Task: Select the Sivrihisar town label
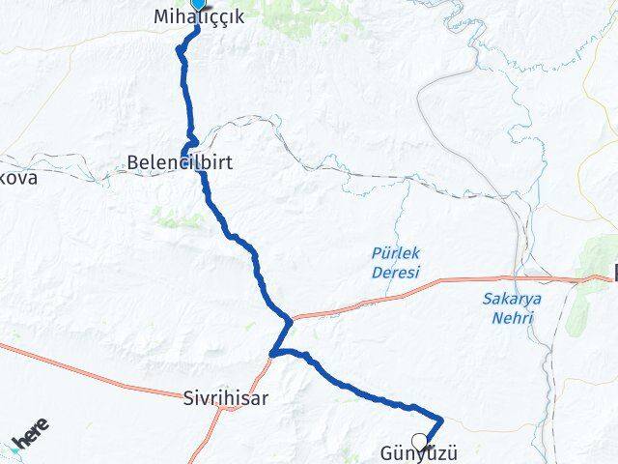[x=225, y=397]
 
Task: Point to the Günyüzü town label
[x=418, y=452]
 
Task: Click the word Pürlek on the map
[x=396, y=253]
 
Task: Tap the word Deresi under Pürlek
[x=396, y=273]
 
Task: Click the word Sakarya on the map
[x=512, y=298]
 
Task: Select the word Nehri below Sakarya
[x=512, y=316]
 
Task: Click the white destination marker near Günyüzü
[x=419, y=441]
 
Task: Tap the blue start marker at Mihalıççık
[x=198, y=4]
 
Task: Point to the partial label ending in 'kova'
[x=18, y=179]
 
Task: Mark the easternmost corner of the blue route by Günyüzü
[x=442, y=420]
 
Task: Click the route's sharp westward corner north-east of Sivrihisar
[x=273, y=354]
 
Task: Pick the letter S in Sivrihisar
[x=188, y=397]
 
